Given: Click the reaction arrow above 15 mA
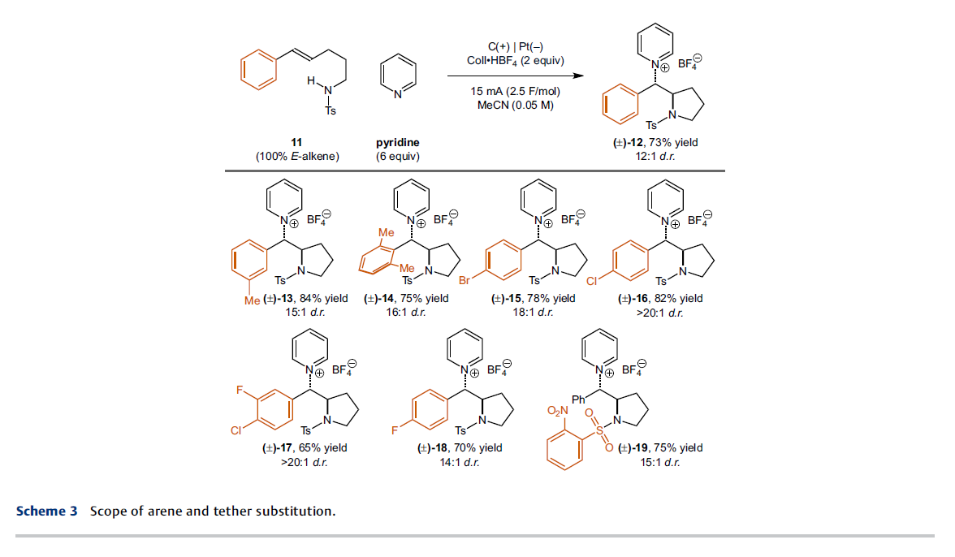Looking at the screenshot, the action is [515, 76].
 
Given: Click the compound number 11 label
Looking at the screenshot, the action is [296, 142].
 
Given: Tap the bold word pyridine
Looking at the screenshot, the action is [398, 142].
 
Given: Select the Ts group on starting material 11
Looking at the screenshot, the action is [330, 110].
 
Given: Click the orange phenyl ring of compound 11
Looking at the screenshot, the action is [259, 70].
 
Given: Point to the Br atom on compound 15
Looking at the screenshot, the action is [465, 281].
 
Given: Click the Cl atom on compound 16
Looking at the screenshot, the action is [592, 281].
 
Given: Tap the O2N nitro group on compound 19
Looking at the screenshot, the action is [557, 411].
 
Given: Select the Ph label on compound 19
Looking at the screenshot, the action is [578, 399].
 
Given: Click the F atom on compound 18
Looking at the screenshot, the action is [395, 430].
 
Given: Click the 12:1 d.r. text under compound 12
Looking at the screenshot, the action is [655, 157].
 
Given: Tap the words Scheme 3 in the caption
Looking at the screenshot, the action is [47, 511].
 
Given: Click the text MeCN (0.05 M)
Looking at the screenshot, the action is [515, 106].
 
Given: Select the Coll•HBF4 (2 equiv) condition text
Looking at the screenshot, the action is [515, 61].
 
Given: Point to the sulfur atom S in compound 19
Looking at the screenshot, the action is [599, 430].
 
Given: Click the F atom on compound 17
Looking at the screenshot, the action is [240, 390].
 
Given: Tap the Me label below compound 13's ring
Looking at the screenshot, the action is [252, 300].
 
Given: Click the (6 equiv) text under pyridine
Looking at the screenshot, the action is [398, 157].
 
